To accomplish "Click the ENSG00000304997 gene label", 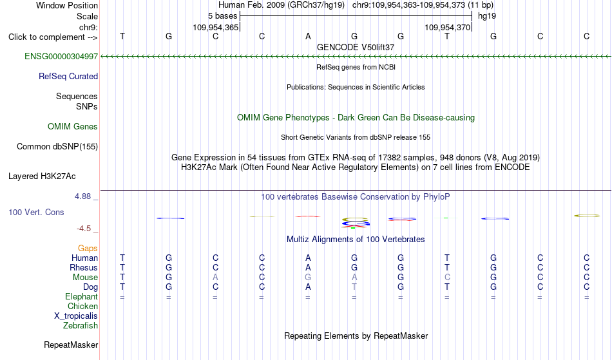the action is pos(61,57).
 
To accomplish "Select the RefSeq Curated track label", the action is pos(68,77).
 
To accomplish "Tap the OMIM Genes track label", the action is pos(73,126).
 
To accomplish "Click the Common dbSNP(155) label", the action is pos(57,147).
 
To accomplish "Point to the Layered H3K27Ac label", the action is pos(42,176).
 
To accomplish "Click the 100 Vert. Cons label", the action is pos(36,212).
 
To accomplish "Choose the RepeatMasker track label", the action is pos(71,345).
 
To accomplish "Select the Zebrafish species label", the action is pos(81,325).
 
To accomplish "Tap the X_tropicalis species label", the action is pos(76,316).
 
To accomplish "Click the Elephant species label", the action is pos(82,296).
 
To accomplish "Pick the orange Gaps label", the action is pos(88,249).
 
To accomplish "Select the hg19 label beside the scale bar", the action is pos(487,16).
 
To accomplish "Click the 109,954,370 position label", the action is pos(447,27).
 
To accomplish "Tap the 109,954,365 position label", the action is pos(215,27).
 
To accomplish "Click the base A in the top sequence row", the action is pos(308,36).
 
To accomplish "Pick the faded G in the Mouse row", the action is pos(308,278).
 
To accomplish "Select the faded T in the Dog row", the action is pos(354,287).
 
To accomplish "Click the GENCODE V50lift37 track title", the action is pos(356,47).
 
